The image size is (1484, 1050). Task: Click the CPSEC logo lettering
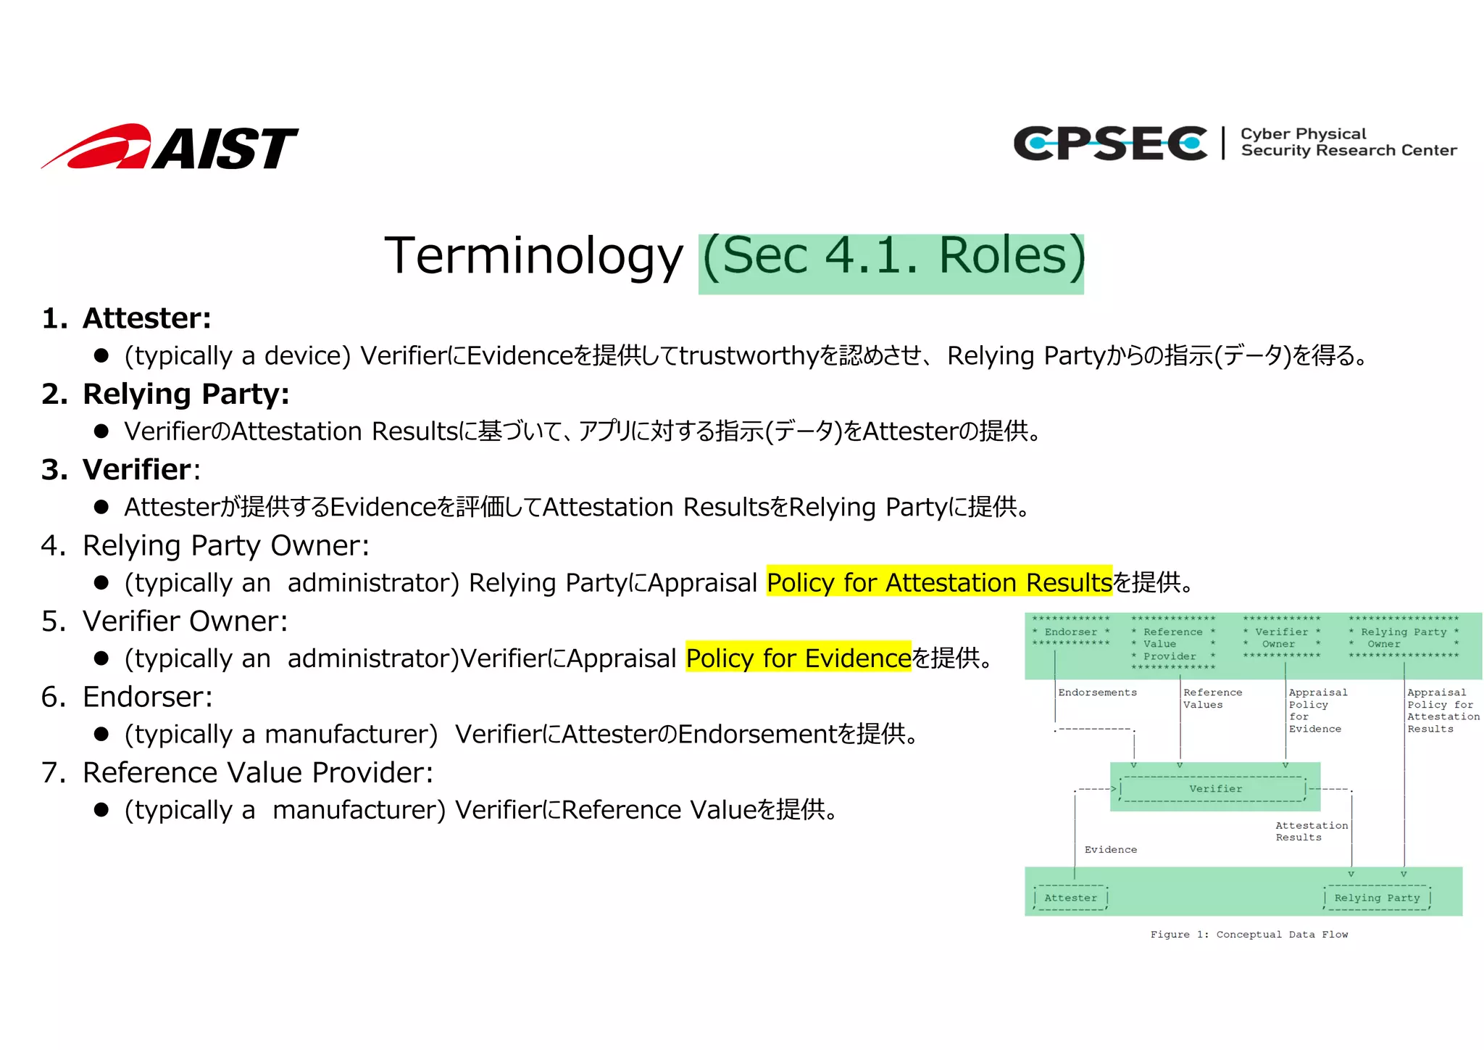click(x=1109, y=143)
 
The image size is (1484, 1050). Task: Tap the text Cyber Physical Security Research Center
click(x=1347, y=142)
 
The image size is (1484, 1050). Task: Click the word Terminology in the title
click(x=533, y=256)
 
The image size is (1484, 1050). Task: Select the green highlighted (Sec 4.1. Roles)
click(x=892, y=257)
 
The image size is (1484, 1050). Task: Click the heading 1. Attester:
click(x=127, y=318)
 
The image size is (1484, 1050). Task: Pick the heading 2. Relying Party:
click(x=166, y=394)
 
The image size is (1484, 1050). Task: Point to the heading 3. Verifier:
click(x=121, y=470)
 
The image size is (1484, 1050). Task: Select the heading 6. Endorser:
click(x=128, y=697)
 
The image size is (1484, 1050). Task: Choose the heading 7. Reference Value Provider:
click(x=237, y=772)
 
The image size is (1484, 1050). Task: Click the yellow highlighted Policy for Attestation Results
click(x=939, y=582)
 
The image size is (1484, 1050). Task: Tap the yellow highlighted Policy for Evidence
click(x=798, y=658)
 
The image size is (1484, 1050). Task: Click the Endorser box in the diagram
click(x=1071, y=632)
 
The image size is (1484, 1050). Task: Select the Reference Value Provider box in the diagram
click(x=1172, y=644)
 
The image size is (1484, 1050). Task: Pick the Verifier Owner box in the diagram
click(x=1281, y=637)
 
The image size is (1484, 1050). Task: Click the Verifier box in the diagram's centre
click(x=1214, y=789)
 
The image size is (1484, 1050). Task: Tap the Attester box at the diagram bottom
click(x=1070, y=898)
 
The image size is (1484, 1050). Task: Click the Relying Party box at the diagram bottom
click(x=1377, y=898)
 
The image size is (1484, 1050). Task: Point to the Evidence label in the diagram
click(x=1110, y=850)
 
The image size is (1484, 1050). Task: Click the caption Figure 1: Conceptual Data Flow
click(x=1249, y=935)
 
